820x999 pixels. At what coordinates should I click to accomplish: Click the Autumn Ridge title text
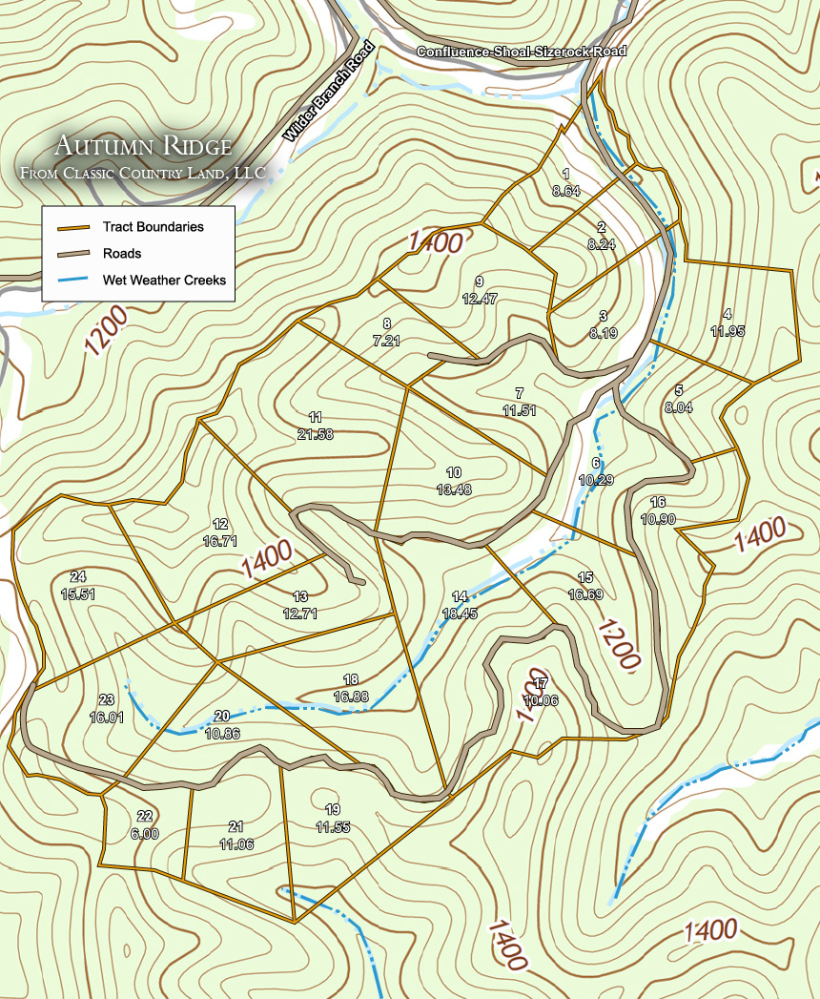point(143,146)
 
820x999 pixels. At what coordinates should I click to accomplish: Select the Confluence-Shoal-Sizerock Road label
point(521,51)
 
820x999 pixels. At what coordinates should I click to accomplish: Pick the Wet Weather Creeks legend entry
point(164,281)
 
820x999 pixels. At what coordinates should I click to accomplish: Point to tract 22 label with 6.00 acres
point(145,824)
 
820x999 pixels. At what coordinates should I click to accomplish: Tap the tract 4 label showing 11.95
point(728,323)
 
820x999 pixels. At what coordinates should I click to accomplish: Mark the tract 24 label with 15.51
point(78,585)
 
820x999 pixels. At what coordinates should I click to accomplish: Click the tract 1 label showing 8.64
point(566,182)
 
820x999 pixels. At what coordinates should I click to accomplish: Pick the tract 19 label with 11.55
point(332,818)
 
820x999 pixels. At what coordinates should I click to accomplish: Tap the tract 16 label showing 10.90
point(658,510)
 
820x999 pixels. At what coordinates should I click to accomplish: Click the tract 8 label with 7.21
point(386,332)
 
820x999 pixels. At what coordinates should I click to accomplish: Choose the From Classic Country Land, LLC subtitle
point(143,174)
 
